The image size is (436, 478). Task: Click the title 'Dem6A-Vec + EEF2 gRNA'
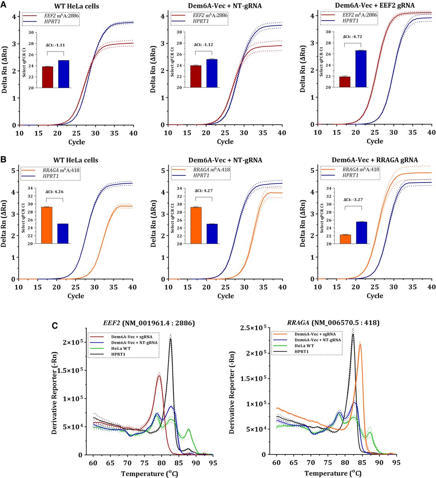[x=375, y=5]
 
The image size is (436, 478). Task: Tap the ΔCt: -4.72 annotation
[x=352, y=37]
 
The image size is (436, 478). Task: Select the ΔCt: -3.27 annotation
[x=353, y=199]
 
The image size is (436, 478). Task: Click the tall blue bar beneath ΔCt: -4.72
[x=361, y=69]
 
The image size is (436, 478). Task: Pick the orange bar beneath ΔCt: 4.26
[x=47, y=225]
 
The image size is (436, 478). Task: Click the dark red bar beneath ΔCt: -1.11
[x=48, y=77]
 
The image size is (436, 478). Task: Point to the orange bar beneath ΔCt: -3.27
[x=345, y=239]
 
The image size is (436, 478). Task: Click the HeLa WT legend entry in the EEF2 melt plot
[x=121, y=348]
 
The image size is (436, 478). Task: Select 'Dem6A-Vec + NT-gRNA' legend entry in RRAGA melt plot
[x=318, y=340]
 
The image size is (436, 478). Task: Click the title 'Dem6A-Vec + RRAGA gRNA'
[x=375, y=160]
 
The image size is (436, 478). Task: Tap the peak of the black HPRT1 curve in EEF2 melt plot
[x=171, y=339]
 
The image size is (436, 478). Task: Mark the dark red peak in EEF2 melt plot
[x=159, y=376]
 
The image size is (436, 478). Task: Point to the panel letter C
[x=55, y=326]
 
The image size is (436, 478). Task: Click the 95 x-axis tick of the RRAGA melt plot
[x=396, y=463]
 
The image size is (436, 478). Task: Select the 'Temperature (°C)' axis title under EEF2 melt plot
[x=149, y=474]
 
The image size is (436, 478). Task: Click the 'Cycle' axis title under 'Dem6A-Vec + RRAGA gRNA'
[x=375, y=296]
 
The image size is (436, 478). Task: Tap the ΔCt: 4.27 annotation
[x=204, y=190]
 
